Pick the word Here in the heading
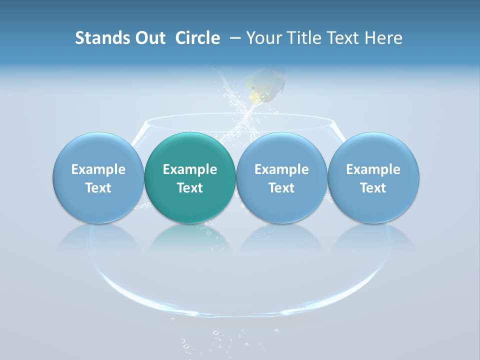pyautogui.click(x=384, y=38)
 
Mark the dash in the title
pyautogui.click(x=234, y=38)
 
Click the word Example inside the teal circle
pyautogui.click(x=190, y=169)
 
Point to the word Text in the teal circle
pyautogui.click(x=190, y=188)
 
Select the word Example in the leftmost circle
pyautogui.click(x=98, y=169)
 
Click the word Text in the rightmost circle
pyautogui.click(x=373, y=188)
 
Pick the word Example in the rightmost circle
pyautogui.click(x=373, y=169)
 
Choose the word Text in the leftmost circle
pyautogui.click(x=98, y=188)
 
